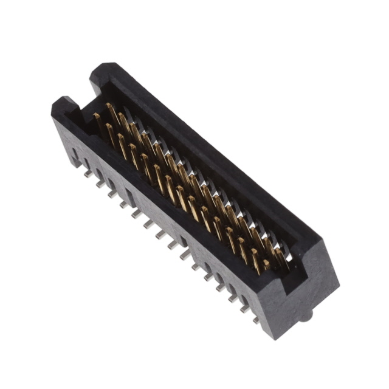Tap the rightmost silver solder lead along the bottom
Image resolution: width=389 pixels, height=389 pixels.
click(255, 318)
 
